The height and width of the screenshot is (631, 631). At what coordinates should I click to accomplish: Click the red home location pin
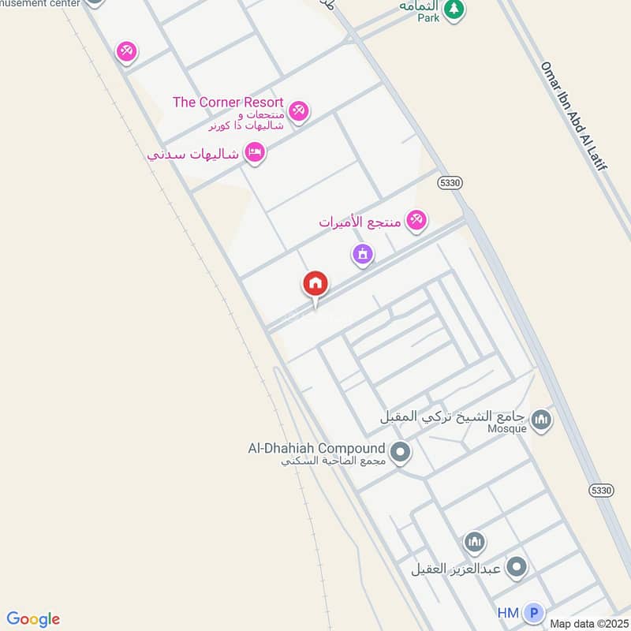(x=315, y=285)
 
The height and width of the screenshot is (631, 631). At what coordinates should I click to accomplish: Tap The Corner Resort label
(x=228, y=103)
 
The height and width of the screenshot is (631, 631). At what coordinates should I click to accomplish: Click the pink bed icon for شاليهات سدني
(x=254, y=152)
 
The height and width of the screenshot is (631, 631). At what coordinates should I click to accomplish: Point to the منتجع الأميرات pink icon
(x=416, y=221)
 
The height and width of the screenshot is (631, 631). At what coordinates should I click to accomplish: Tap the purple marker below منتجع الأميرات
(x=362, y=254)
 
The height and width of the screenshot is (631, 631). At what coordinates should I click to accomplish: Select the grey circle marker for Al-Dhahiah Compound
(x=401, y=453)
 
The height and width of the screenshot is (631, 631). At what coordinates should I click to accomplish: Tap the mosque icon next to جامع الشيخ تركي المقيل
(x=541, y=420)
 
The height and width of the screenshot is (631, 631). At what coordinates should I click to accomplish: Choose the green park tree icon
(x=454, y=9)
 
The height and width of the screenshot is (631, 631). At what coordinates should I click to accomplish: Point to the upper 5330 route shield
(x=449, y=182)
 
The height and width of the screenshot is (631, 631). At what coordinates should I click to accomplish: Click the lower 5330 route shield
(x=600, y=490)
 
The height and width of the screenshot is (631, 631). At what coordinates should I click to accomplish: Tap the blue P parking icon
(x=535, y=613)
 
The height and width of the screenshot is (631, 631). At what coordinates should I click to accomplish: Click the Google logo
(x=33, y=619)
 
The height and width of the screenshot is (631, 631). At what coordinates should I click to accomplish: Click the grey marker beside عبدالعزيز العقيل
(x=517, y=566)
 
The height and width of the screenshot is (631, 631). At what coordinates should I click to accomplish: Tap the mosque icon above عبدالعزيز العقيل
(x=474, y=542)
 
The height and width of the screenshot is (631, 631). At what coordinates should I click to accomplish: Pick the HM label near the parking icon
(x=508, y=613)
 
